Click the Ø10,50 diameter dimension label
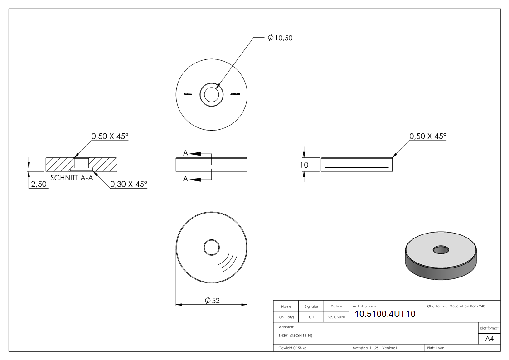pos(280,38)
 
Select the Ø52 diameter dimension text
pos(212,300)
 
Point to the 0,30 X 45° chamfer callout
pos(129,184)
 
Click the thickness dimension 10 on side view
pos(304,165)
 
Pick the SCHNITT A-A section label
pos(72,177)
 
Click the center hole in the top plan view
pos(211,95)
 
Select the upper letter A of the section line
pos(185,153)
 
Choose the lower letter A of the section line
pos(185,179)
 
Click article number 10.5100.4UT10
pos(385,314)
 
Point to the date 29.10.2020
pos(336,317)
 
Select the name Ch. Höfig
pos(286,317)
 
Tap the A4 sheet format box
pos(490,339)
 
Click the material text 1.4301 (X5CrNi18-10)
pos(295,336)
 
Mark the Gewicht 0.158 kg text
pos(292,348)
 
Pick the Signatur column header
pos(311,307)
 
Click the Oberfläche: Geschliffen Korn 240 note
pos(456,306)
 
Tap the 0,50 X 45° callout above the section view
pos(110,136)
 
